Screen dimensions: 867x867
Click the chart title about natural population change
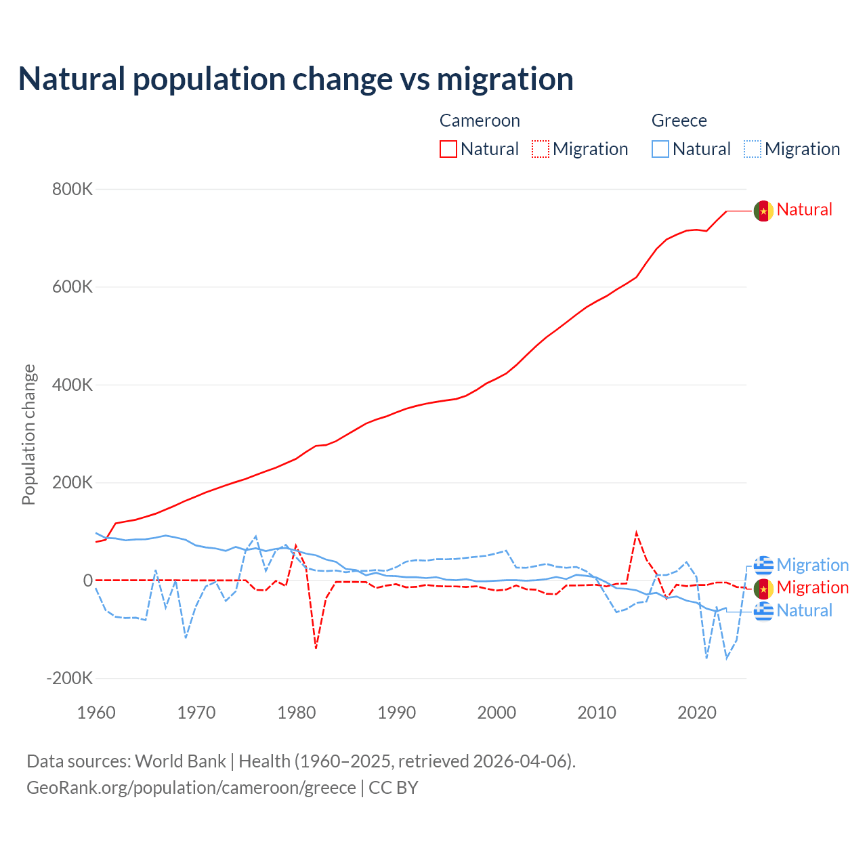(x=296, y=79)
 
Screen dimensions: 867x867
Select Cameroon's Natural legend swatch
(x=448, y=149)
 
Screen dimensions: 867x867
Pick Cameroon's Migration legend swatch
(x=540, y=149)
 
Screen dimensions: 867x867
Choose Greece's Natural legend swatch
(x=660, y=149)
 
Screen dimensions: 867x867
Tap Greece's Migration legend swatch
(x=752, y=149)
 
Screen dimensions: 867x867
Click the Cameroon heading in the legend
(x=480, y=121)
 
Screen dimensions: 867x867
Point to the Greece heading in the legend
(x=679, y=121)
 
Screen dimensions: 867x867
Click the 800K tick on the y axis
(x=72, y=189)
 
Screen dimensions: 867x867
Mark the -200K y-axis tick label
(x=69, y=678)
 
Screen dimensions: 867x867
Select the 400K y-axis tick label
(x=72, y=385)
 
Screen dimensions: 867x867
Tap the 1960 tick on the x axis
(x=96, y=713)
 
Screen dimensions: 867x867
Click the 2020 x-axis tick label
(x=697, y=713)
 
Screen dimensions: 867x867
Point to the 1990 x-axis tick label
(x=397, y=713)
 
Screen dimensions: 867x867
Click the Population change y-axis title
(x=28, y=434)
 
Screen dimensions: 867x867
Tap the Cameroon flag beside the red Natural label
(x=763, y=211)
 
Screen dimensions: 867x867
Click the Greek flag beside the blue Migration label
(x=763, y=565)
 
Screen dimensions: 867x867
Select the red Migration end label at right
(x=812, y=587)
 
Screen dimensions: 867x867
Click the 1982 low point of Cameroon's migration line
(x=316, y=648)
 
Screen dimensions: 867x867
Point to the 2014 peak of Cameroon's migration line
(x=636, y=533)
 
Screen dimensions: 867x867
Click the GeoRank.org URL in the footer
(x=191, y=788)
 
